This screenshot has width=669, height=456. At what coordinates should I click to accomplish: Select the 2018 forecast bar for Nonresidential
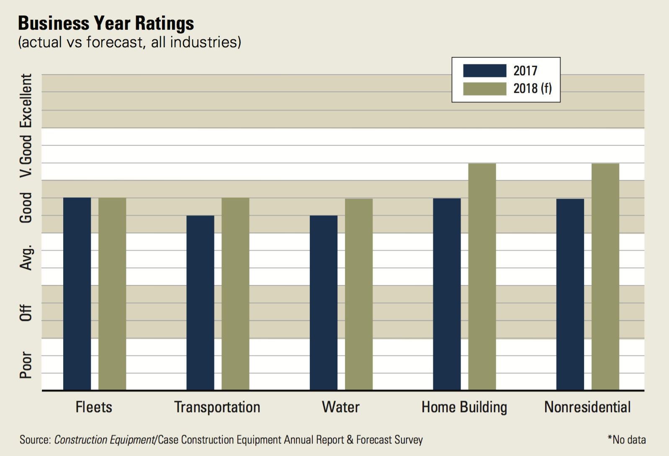click(x=605, y=277)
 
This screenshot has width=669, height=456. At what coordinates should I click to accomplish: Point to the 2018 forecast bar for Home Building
click(x=482, y=277)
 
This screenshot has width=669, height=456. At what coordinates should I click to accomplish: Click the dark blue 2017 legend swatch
click(x=484, y=71)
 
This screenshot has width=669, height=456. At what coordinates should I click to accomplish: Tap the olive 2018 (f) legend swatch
click(x=484, y=89)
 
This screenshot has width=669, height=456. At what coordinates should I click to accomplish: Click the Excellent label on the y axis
click(x=26, y=100)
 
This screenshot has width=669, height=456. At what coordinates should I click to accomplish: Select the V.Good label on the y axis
click(x=26, y=156)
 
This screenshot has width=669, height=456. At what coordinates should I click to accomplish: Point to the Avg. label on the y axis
click(x=26, y=258)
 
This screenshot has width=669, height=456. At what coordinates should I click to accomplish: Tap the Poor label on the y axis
click(x=26, y=365)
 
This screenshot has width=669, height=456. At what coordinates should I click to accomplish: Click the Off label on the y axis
click(x=26, y=313)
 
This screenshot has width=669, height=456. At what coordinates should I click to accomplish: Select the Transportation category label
click(x=217, y=407)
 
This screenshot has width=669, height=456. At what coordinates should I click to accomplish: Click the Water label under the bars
click(x=340, y=407)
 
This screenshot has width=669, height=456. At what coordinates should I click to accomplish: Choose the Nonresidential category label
click(x=587, y=407)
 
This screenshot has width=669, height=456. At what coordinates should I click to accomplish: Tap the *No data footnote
click(x=626, y=440)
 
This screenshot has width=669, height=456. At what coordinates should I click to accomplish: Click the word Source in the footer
click(x=35, y=440)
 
